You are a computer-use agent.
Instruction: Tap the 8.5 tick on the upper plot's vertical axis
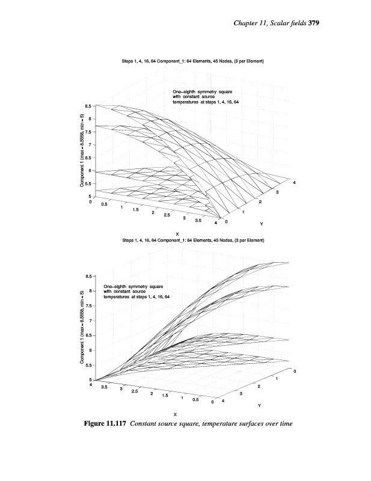[88, 106]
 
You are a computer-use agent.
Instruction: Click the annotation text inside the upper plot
[206, 97]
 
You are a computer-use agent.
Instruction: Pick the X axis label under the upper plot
[177, 234]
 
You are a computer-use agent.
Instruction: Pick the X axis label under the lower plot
[175, 414]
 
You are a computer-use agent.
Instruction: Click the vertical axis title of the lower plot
[81, 328]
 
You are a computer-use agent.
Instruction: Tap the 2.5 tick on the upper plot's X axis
[167, 215]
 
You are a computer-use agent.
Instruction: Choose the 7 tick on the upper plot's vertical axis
[89, 145]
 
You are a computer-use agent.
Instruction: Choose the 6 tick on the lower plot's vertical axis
[89, 350]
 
